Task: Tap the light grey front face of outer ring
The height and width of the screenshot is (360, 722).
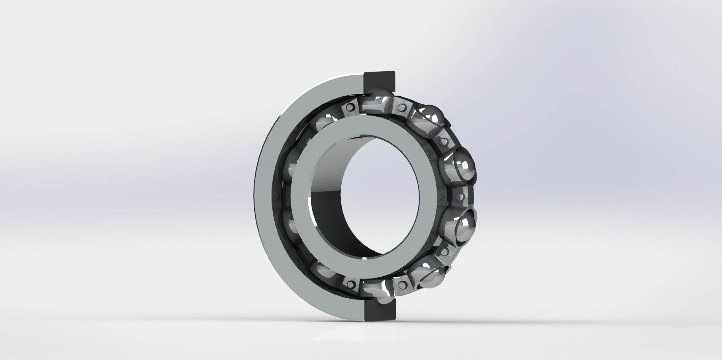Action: pos(265,194)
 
